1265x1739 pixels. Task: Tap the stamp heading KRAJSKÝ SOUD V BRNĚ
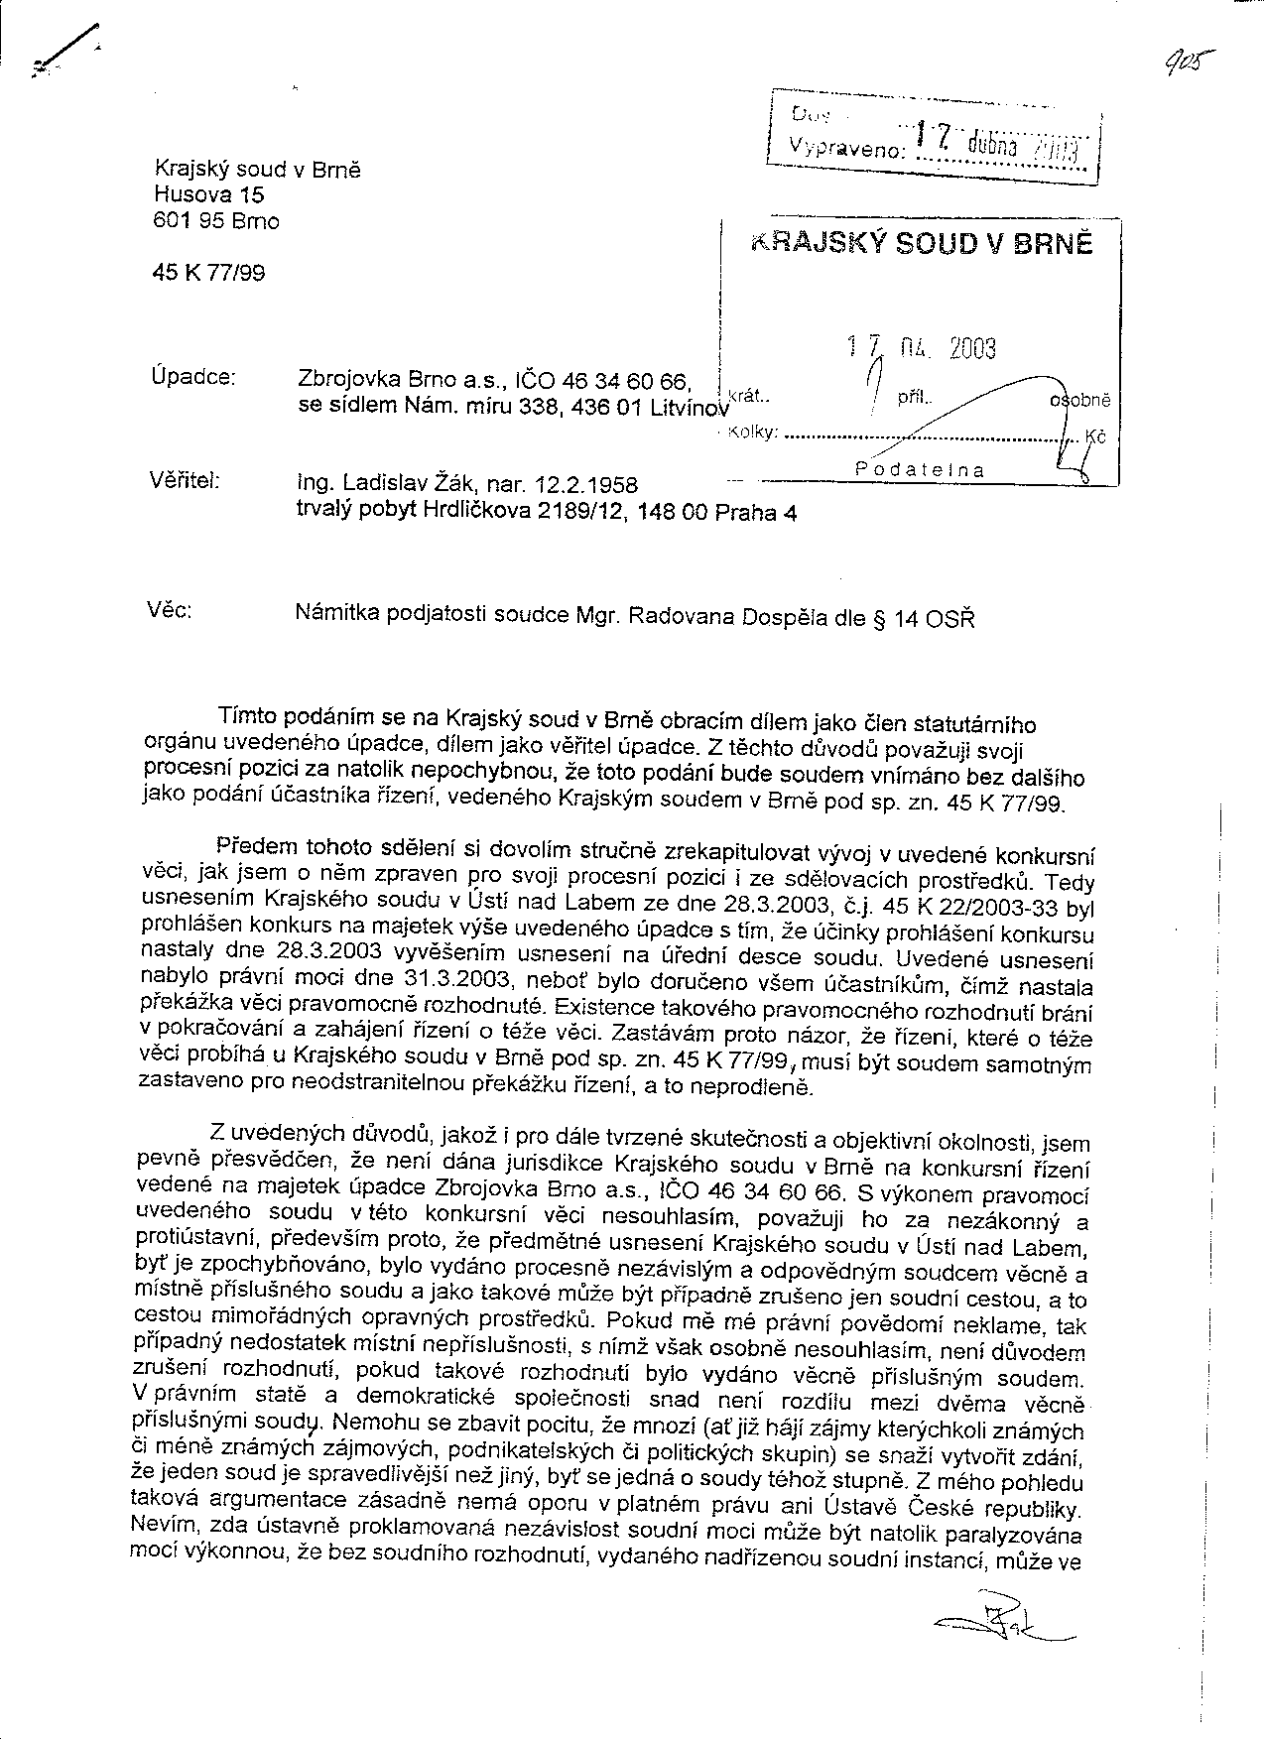(922, 244)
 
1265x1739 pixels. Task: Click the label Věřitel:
(185, 482)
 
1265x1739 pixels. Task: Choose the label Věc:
(170, 609)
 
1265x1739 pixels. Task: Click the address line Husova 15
(209, 195)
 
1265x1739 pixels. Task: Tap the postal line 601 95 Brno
(216, 221)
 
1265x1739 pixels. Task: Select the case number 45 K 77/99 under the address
(209, 272)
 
